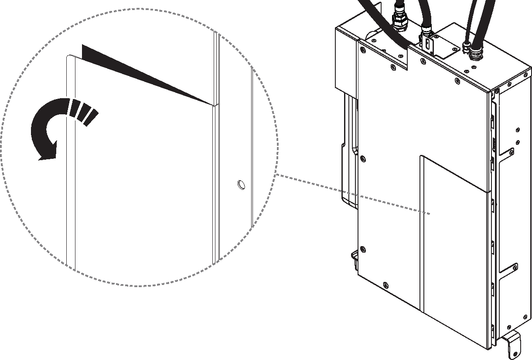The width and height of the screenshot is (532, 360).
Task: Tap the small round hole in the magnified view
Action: (x=240, y=185)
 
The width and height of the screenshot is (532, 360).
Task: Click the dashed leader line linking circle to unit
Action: (x=349, y=194)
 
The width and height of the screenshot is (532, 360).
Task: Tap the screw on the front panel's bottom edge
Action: (x=385, y=285)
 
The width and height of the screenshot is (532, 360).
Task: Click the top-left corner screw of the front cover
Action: (x=362, y=49)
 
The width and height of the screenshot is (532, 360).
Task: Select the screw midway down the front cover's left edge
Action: (x=363, y=159)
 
